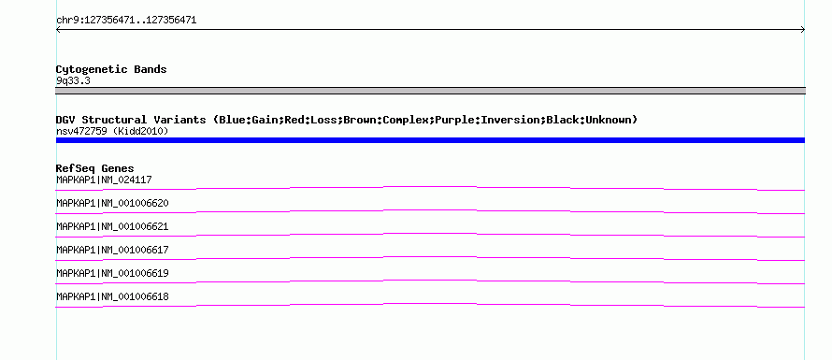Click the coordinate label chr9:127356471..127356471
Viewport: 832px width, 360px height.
click(x=126, y=21)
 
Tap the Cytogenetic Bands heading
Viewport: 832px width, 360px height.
click(x=111, y=69)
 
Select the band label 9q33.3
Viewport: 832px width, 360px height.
click(x=73, y=81)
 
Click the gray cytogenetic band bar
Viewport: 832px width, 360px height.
click(x=430, y=91)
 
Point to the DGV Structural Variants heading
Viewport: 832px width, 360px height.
click(x=347, y=120)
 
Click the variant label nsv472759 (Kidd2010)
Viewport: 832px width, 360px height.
click(x=112, y=131)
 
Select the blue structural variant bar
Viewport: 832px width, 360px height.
click(x=430, y=140)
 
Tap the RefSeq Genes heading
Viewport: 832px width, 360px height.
click(x=95, y=168)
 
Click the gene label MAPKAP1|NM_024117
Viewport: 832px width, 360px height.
click(x=104, y=180)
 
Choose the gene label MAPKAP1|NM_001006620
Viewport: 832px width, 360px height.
click(x=112, y=203)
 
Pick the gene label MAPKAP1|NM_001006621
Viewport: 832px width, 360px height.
click(x=112, y=226)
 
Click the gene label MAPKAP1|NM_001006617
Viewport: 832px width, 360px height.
click(x=112, y=250)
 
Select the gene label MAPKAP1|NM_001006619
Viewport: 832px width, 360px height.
click(x=112, y=273)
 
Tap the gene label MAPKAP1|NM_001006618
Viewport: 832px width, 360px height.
click(x=112, y=296)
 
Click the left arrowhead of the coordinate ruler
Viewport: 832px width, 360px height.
click(x=56, y=30)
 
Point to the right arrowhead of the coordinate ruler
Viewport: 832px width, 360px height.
click(x=804, y=30)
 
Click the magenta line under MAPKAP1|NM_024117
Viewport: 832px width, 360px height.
click(x=430, y=187)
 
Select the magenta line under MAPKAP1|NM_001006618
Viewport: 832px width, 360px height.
click(x=430, y=304)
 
